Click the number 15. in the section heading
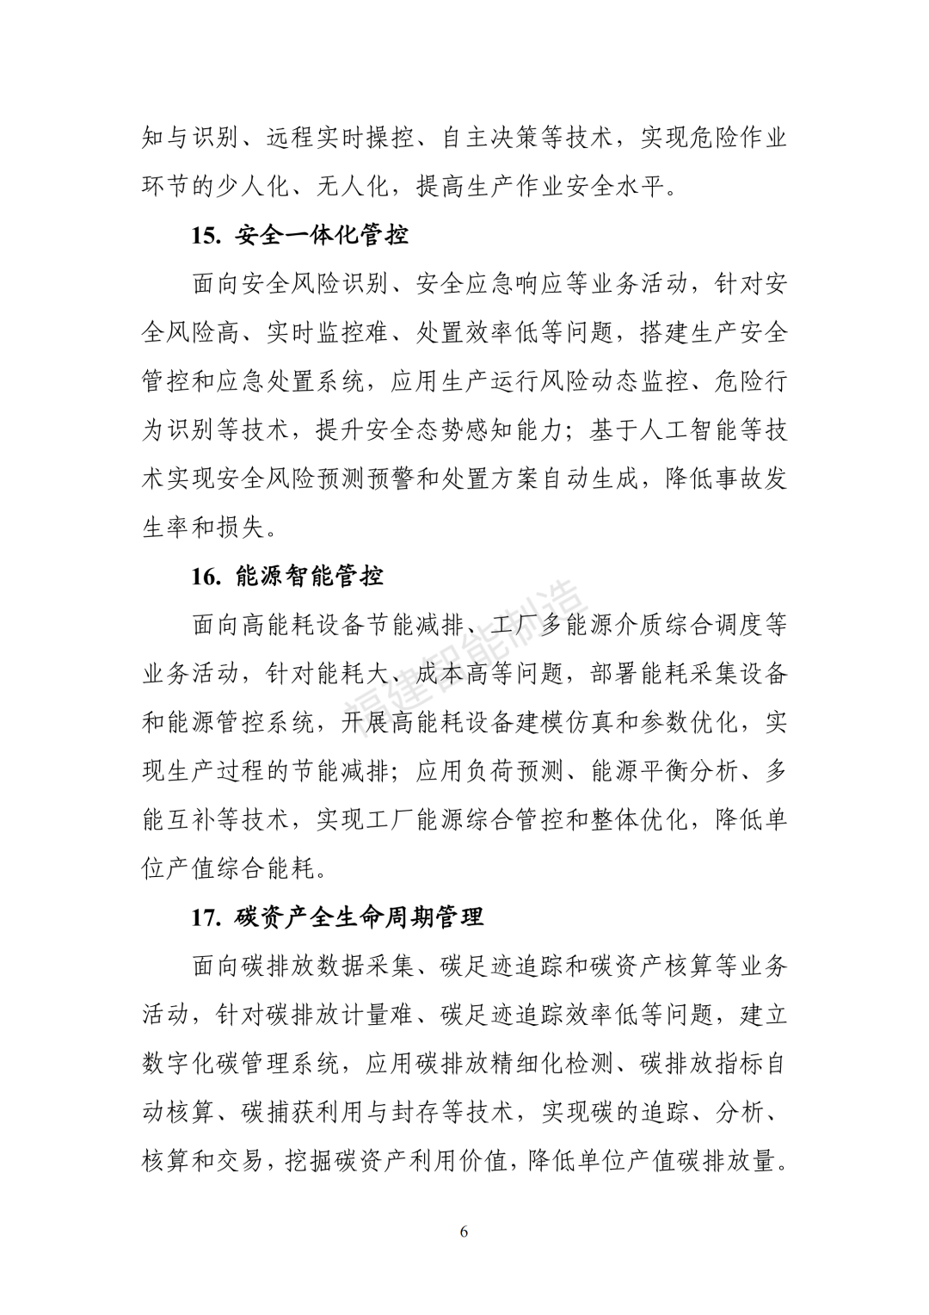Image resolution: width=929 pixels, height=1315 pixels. pyautogui.click(x=206, y=235)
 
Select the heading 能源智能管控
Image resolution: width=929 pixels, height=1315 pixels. pyautogui.click(x=309, y=576)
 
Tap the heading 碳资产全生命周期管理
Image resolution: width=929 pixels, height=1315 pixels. pyautogui.click(x=359, y=917)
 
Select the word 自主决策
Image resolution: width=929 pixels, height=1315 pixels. pyautogui.click(x=491, y=138)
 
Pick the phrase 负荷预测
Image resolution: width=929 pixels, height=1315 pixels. pyautogui.click(x=491, y=771)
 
